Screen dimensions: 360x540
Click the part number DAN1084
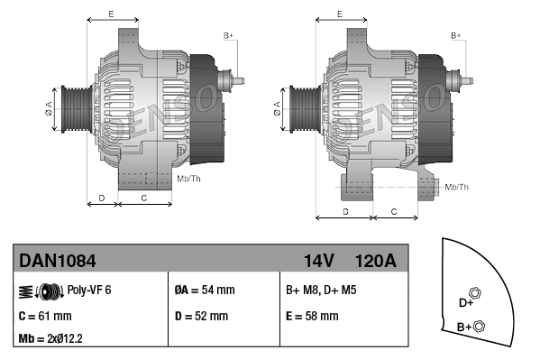58,261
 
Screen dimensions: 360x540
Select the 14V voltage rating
318,261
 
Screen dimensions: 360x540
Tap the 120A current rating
375,261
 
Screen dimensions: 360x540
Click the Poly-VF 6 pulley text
89,291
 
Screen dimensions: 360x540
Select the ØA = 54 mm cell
204,291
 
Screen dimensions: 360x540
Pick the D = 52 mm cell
200,316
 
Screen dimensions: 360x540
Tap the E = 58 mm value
312,316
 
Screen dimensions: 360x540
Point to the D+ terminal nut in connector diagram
476,295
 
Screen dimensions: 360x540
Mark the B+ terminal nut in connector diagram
479,326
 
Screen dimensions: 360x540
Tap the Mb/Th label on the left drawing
189,178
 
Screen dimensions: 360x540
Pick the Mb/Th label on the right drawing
457,187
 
